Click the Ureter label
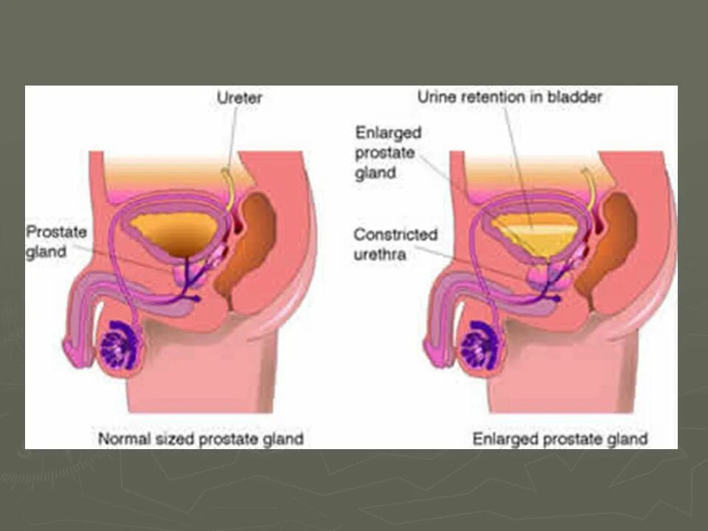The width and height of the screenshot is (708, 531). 240,97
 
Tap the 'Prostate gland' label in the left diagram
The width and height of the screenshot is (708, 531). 56,242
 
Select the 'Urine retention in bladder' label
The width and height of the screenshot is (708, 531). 510,97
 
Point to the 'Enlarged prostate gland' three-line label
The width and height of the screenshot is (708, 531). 388,153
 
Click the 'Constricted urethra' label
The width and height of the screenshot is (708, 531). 395,244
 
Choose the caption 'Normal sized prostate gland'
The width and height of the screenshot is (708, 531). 201,439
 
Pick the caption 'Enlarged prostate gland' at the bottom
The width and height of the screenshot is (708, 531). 560,439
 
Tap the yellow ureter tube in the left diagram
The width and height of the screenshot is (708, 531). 231,189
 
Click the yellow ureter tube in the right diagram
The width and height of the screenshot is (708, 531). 591,189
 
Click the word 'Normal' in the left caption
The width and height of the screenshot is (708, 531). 122,439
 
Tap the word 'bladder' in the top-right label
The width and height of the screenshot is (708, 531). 579,97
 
